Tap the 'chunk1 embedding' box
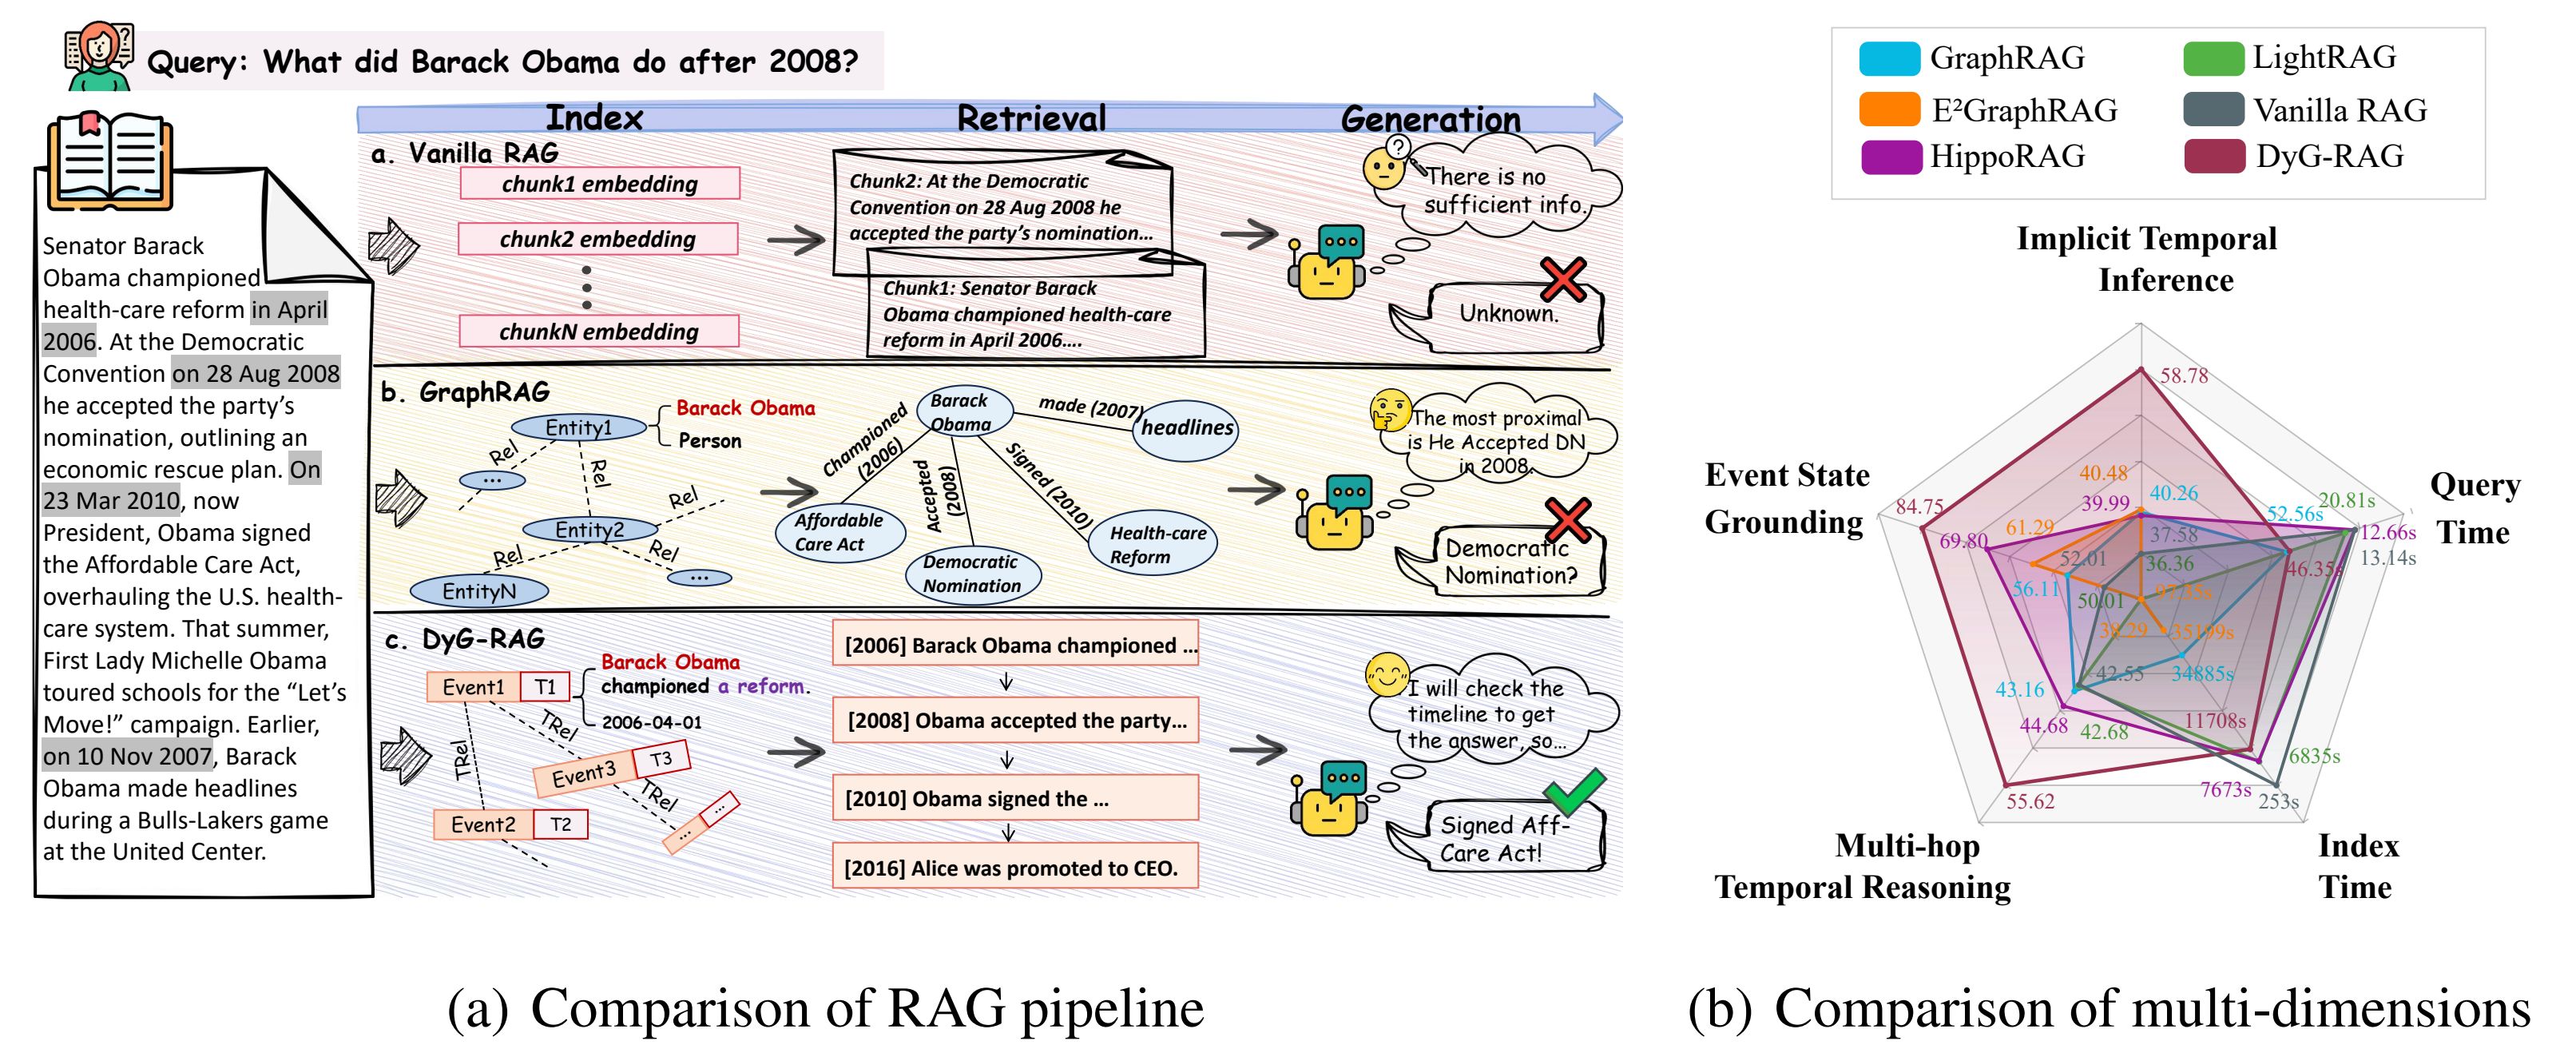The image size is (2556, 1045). pos(599,184)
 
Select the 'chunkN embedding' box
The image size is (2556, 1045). pos(598,332)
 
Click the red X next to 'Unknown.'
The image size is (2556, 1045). pos(1564,280)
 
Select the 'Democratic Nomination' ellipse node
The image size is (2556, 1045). pos(972,574)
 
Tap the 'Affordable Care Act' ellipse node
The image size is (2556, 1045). pos(839,532)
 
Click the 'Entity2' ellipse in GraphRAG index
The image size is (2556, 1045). pos(589,530)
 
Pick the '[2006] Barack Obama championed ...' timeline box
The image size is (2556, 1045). pos(1015,645)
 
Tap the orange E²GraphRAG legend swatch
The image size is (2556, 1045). pos(1889,109)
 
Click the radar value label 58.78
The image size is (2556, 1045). pos(2184,376)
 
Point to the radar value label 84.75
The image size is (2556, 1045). pos(1919,507)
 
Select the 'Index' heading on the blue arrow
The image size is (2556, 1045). pos(594,118)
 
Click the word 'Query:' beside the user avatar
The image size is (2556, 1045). pos(197,62)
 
